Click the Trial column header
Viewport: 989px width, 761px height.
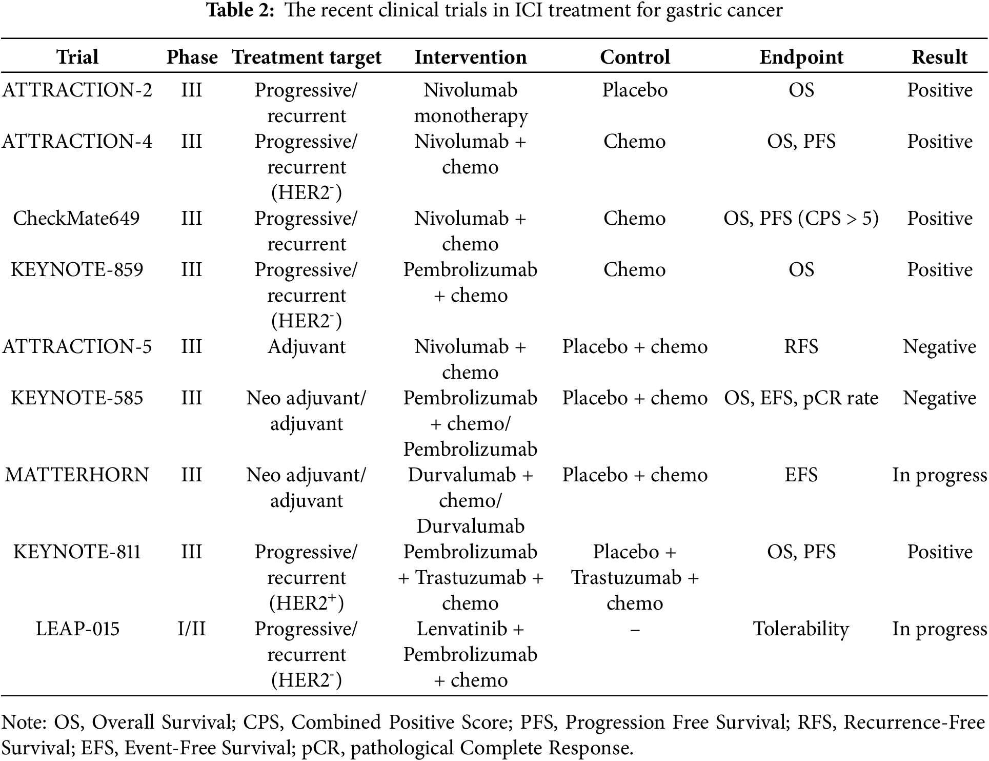point(77,57)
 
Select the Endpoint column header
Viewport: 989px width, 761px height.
point(801,57)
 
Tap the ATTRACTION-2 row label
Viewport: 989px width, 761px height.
point(77,90)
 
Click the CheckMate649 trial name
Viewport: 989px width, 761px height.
point(76,219)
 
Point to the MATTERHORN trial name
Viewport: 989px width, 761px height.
point(77,475)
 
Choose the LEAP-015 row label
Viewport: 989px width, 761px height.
point(77,629)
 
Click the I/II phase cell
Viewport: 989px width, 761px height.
point(192,629)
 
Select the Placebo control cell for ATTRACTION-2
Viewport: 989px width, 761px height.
point(635,90)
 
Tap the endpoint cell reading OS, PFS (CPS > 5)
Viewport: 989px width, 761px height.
point(801,219)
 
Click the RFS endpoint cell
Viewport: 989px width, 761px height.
point(801,347)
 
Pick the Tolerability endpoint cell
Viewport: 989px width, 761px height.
point(801,629)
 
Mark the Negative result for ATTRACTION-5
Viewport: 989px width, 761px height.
point(939,347)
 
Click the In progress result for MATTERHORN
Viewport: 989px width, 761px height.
point(939,475)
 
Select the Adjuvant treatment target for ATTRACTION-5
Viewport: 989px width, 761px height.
point(307,347)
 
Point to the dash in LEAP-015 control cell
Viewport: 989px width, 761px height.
point(635,630)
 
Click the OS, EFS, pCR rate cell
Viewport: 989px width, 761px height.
point(801,398)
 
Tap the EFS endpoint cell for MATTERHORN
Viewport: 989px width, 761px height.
point(801,475)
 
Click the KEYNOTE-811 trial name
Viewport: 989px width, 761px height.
point(77,552)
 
